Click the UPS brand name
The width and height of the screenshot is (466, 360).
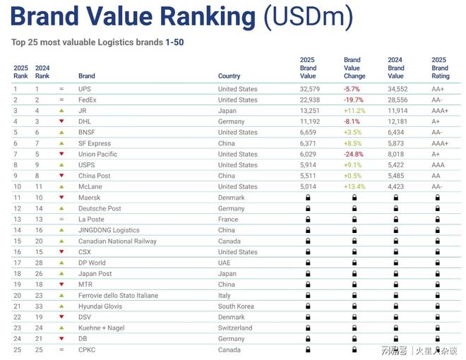(x=85, y=89)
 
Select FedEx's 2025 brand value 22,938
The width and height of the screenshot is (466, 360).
(x=309, y=100)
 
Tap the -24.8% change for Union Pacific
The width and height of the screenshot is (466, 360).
(x=354, y=154)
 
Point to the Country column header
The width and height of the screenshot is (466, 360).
(x=229, y=76)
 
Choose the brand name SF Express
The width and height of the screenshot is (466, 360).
(x=95, y=143)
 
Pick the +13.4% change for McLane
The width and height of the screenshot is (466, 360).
(x=354, y=187)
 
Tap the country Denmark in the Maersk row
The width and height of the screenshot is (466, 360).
(x=232, y=198)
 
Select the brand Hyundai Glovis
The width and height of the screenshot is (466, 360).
(x=100, y=306)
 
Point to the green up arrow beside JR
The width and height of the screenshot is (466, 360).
(x=61, y=111)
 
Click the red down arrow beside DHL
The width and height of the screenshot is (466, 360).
(x=61, y=121)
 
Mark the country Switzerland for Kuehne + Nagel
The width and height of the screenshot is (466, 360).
(x=235, y=328)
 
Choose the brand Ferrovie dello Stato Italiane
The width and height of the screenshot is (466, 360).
(x=118, y=296)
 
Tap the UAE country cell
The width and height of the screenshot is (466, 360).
(x=225, y=263)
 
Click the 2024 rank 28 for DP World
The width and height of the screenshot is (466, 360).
(x=40, y=263)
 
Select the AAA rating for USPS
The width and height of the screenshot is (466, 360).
(x=439, y=165)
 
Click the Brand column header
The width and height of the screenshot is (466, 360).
(x=87, y=76)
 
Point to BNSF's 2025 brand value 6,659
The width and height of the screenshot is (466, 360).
(x=309, y=132)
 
